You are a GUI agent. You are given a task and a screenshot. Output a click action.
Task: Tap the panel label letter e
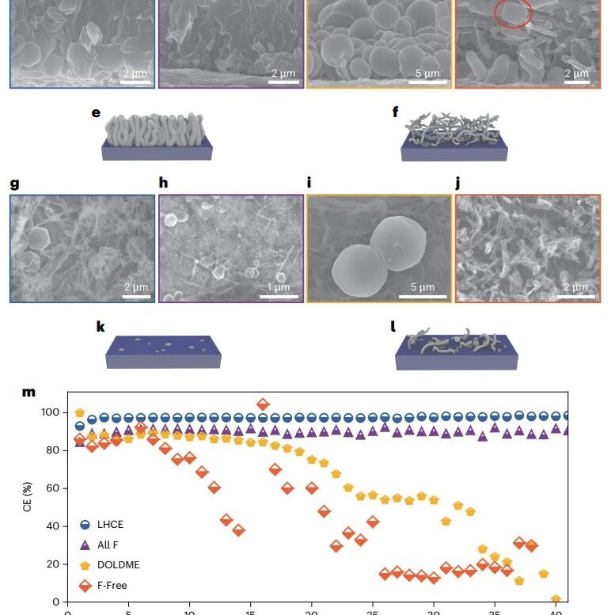point(96,113)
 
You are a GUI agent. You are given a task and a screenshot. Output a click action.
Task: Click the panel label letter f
point(396,112)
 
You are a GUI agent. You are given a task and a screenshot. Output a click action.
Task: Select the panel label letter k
point(101,326)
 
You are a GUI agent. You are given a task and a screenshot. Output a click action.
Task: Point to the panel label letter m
point(28,392)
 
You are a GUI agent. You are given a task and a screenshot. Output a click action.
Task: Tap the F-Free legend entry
point(103,586)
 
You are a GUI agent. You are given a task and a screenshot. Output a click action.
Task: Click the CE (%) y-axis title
point(27,497)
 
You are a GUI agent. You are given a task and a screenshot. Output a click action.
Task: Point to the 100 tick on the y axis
point(50,412)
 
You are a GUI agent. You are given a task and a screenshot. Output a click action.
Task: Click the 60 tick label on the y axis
point(53,488)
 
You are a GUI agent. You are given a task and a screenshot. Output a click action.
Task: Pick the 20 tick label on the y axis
point(53,564)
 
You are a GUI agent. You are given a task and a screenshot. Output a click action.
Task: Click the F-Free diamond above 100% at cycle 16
point(263,404)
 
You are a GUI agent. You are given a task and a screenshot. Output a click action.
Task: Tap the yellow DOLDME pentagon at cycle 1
point(80,412)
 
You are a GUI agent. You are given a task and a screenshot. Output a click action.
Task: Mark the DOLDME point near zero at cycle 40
point(556,599)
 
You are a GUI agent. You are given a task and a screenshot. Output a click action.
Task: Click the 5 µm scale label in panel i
point(423,287)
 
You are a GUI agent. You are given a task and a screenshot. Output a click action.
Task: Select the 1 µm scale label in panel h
point(279,287)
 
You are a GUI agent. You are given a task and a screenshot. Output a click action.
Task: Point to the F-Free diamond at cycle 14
point(238,530)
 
